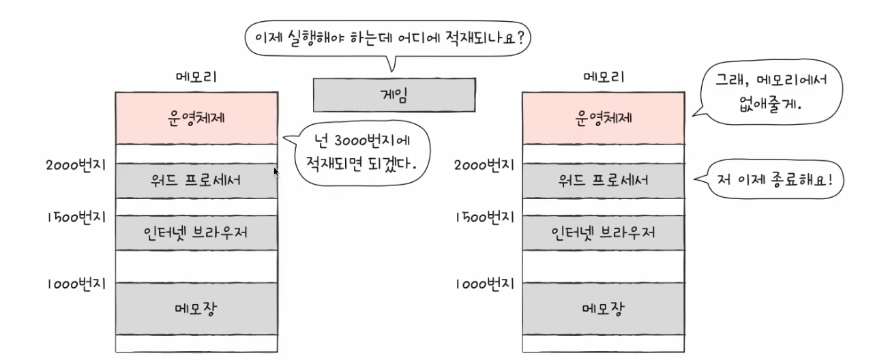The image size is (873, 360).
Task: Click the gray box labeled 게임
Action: (394, 95)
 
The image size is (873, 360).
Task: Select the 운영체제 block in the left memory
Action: (196, 117)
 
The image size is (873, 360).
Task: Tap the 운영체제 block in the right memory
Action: (603, 117)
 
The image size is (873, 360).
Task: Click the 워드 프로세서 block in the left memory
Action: (196, 181)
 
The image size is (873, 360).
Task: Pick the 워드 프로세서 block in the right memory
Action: (603, 181)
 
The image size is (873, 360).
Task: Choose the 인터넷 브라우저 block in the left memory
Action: (196, 232)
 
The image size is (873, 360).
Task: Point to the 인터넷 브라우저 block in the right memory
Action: (603, 232)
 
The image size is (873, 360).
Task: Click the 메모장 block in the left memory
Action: (196, 308)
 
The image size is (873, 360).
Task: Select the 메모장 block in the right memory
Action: (603, 308)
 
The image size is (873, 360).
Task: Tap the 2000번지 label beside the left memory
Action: (76, 164)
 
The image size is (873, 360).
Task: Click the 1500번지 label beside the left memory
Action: (76, 217)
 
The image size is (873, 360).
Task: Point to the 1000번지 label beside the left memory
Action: (76, 284)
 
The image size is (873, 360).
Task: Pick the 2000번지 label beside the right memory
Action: (484, 164)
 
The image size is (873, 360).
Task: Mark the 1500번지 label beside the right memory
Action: (484, 217)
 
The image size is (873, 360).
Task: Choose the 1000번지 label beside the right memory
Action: (484, 284)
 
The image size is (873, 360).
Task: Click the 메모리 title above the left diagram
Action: (196, 76)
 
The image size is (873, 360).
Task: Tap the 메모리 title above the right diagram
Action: (604, 76)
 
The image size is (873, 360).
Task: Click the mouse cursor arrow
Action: (276, 172)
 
